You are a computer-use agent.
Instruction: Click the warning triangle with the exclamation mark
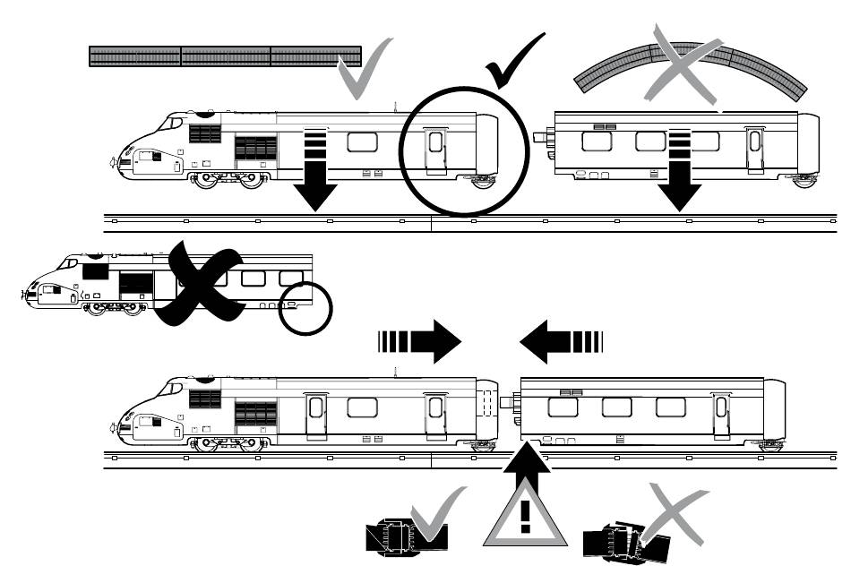526,519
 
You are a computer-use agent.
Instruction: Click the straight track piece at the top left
225,56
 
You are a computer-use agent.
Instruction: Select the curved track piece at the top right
690,73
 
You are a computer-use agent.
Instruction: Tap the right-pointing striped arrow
419,342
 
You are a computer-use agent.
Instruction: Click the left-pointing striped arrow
562,342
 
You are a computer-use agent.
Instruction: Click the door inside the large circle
435,148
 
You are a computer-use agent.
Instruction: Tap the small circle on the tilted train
305,308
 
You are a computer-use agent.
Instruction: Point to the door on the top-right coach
755,149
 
